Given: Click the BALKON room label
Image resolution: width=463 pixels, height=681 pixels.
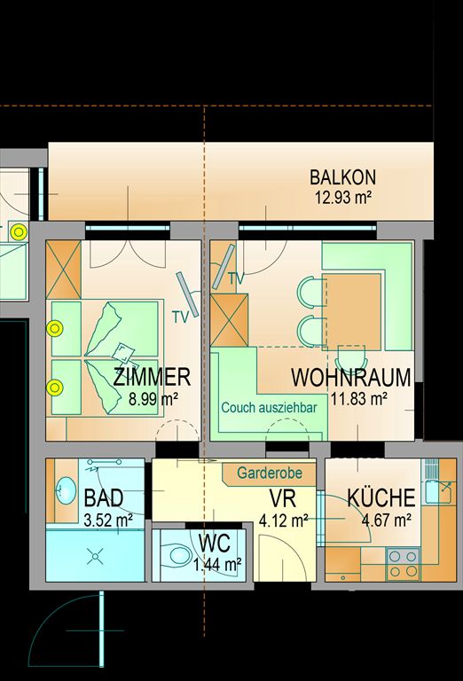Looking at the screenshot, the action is tap(342, 177).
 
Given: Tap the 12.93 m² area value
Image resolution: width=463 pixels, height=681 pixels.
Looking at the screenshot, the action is tap(343, 198).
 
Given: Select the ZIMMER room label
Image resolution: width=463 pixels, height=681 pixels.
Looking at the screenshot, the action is tap(152, 377).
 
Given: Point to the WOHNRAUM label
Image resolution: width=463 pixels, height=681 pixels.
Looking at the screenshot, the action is tap(351, 378).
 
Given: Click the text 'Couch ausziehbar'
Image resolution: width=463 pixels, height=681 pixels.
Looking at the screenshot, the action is tap(269, 408).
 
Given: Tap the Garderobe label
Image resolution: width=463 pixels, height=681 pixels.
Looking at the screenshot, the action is tap(270, 473).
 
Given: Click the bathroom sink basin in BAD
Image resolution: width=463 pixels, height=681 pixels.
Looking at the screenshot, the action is tap(66, 489).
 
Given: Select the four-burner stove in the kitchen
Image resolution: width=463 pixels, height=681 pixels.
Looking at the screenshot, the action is tap(403, 564).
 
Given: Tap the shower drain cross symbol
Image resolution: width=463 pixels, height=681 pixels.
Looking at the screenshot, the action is tap(95, 556).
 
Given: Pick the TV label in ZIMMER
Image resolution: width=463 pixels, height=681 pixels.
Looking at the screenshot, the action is tap(181, 317).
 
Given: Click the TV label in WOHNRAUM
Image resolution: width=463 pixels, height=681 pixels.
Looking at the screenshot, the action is tap(236, 278).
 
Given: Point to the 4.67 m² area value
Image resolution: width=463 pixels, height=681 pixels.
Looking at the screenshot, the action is tap(387, 520).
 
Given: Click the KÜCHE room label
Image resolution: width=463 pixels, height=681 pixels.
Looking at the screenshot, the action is tap(381, 498).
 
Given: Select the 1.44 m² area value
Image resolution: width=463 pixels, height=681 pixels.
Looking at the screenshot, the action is tap(217, 565).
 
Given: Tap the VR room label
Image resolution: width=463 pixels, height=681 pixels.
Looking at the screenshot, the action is tap(283, 498).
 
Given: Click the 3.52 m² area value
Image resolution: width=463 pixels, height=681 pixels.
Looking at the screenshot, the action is tap(107, 520).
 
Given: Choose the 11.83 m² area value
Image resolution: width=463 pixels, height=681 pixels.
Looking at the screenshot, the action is tap(359, 398).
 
